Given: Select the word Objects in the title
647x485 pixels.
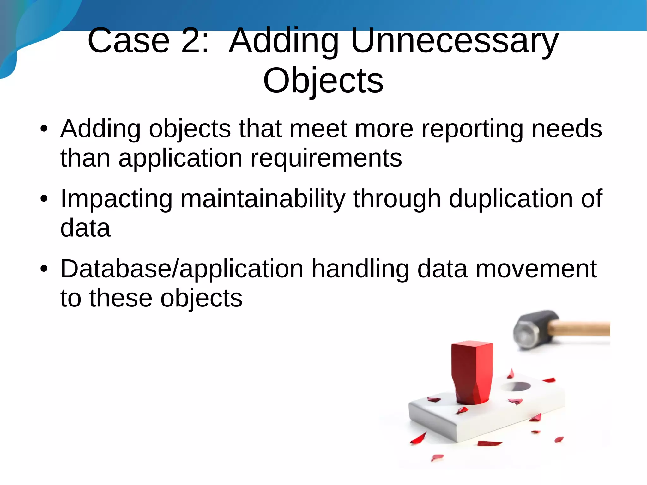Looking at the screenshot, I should (323, 81).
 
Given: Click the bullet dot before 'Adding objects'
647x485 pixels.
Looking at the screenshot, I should (44, 129).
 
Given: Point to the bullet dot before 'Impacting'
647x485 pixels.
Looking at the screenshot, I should (44, 199).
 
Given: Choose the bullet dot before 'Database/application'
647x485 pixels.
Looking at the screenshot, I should (44, 269).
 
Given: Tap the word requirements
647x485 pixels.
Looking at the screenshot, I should (326, 158).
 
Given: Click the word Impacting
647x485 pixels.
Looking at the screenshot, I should (116, 199).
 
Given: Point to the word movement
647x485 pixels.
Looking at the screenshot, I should (536, 269).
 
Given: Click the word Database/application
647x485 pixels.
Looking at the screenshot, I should (182, 269).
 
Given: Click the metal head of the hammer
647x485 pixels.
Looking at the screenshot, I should (531, 329).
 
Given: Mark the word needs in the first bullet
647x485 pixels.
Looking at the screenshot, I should (567, 129).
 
